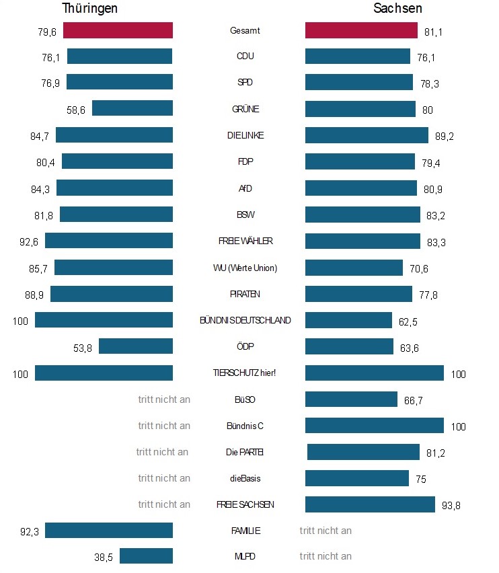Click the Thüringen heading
tap(90, 9)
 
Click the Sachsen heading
tap(398, 9)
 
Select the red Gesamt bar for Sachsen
tap(361, 30)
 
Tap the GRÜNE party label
tap(245, 109)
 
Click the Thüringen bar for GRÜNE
tap(132, 108)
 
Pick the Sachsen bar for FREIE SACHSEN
tap(370, 504)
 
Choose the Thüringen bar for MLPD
tap(146, 556)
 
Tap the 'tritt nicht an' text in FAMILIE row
tap(325, 531)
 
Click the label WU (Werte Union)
tap(245, 268)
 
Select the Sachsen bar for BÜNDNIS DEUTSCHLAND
tap(348, 320)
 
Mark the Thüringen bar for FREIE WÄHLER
tap(109, 241)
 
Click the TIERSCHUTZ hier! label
tap(245, 373)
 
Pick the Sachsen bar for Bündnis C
tap(375, 426)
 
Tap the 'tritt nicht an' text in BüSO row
tap(164, 399)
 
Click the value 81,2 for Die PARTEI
tap(436, 453)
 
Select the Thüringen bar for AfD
tap(114, 188)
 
